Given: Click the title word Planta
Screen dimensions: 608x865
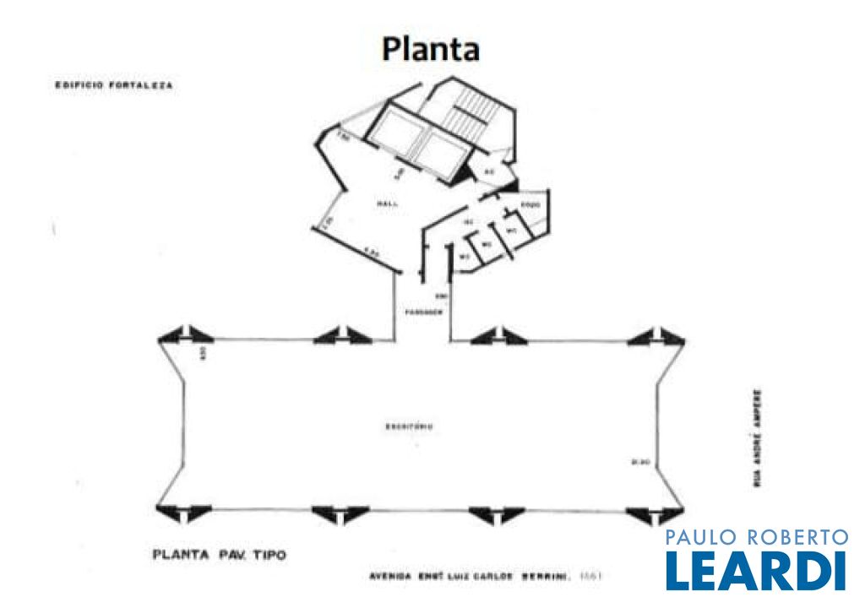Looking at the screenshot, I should (431, 48).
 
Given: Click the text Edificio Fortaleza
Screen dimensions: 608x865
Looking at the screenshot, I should (114, 85).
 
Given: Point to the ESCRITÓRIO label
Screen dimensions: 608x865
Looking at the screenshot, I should (410, 426).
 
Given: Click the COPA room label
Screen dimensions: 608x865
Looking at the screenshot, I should (530, 205).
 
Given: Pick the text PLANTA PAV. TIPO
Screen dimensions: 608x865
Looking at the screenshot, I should (219, 556).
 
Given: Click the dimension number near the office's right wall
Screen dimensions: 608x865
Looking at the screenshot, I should (639, 461).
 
